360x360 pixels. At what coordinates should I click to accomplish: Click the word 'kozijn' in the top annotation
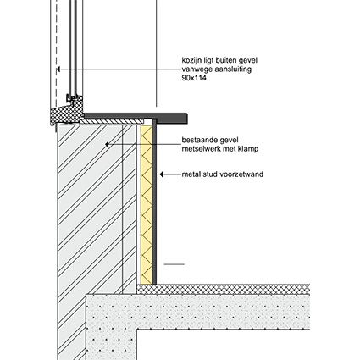(189, 60)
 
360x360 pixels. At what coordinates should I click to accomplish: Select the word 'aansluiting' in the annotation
(233, 69)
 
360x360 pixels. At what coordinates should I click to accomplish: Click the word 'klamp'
(248, 149)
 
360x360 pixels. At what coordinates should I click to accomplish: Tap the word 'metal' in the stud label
(190, 174)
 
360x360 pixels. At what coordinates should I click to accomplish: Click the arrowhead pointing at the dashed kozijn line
(58, 69)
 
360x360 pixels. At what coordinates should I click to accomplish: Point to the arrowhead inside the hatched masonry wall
(108, 144)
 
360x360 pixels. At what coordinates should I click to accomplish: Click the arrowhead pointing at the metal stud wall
(162, 174)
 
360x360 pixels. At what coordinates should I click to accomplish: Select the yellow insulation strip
(147, 205)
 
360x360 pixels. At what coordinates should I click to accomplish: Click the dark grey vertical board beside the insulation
(154, 202)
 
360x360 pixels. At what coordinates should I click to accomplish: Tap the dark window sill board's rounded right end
(186, 119)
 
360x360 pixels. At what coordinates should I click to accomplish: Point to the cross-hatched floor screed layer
(224, 289)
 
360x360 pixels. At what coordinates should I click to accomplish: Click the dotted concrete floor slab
(197, 312)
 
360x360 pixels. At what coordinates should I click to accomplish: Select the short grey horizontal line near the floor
(174, 264)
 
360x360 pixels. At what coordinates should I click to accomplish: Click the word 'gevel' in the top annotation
(248, 60)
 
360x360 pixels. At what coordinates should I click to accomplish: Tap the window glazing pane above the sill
(73, 47)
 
